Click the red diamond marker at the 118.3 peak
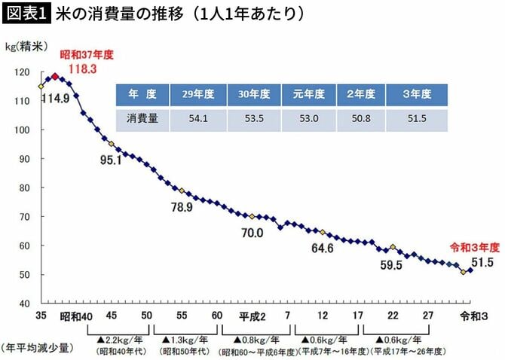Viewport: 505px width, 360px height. pyautogui.click(x=54, y=76)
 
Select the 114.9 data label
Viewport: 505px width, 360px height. pyautogui.click(x=55, y=99)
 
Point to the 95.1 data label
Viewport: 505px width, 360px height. pyautogui.click(x=109, y=160)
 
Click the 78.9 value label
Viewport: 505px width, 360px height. pyautogui.click(x=181, y=207)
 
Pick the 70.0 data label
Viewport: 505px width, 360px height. pyautogui.click(x=252, y=233)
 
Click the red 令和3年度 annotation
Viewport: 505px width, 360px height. pyautogui.click(x=475, y=246)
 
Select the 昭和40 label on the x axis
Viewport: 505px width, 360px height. pyautogui.click(x=76, y=315)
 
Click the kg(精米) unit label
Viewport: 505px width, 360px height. pyautogui.click(x=29, y=47)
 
